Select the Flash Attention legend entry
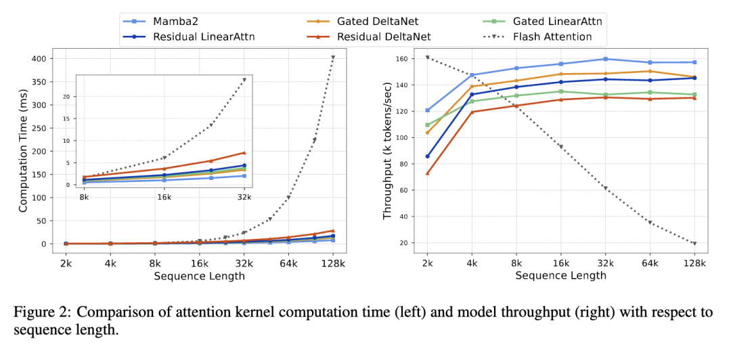(x=552, y=37)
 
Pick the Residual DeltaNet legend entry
(x=384, y=37)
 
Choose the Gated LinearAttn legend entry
(x=557, y=21)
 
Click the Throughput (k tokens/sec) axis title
(x=388, y=150)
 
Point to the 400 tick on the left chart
(x=37, y=59)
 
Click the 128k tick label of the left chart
(x=333, y=263)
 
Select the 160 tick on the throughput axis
(x=402, y=59)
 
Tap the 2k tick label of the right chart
(x=427, y=263)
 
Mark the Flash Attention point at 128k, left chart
(x=333, y=57)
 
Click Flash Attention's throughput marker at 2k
(x=427, y=58)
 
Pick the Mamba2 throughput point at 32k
(x=605, y=59)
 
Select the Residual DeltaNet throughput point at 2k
(x=427, y=173)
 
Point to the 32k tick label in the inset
(x=244, y=196)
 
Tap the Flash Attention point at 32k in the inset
(x=244, y=80)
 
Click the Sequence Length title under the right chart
(x=560, y=275)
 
